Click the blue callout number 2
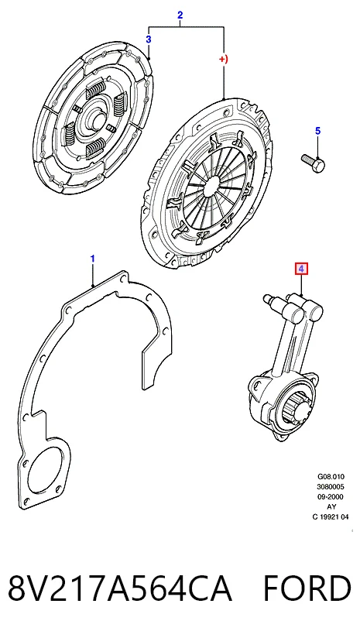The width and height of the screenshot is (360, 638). (180, 15)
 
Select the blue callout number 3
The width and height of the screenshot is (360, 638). (149, 39)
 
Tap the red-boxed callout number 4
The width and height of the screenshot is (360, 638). (301, 269)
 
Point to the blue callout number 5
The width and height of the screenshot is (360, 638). (318, 131)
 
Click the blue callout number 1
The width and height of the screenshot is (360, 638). (93, 259)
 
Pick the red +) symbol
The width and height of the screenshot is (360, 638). (223, 59)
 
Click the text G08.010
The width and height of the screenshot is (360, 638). (331, 476)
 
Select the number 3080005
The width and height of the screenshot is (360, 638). (331, 487)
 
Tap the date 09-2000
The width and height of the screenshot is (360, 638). (331, 497)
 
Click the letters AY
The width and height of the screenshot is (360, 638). (331, 507)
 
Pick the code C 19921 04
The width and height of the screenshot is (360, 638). (331, 517)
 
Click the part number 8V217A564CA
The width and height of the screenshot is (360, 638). (121, 588)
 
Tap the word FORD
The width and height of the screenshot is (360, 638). (307, 588)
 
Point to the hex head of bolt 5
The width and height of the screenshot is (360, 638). (319, 166)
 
